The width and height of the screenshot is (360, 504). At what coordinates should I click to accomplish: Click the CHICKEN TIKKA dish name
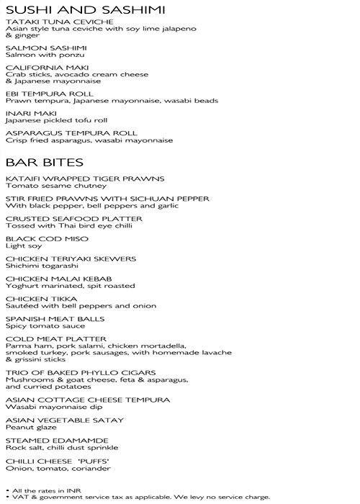point(35,298)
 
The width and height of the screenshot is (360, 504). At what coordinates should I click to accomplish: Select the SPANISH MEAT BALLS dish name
point(45,318)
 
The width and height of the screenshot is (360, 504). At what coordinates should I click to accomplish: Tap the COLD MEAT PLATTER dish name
point(46,338)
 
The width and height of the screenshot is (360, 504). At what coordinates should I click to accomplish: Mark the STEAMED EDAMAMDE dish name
point(47,440)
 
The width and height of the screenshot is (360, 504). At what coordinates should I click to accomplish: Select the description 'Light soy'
point(19,246)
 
